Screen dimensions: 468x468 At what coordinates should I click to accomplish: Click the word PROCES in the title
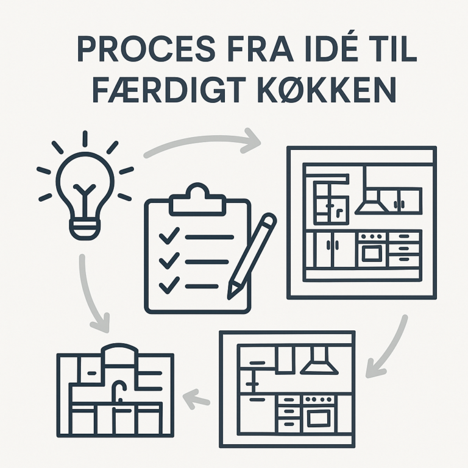click(x=146, y=49)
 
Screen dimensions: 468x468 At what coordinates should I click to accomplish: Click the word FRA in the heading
click(x=259, y=49)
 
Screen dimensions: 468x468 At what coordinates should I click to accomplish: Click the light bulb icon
click(x=85, y=185)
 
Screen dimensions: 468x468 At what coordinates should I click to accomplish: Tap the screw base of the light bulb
click(x=85, y=229)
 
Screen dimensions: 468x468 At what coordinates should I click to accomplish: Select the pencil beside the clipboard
click(x=252, y=256)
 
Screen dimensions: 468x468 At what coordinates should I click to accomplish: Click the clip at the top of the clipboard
click(x=197, y=200)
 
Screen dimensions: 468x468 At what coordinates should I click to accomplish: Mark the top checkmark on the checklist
click(x=169, y=235)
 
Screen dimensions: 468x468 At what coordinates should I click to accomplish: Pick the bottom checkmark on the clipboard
click(x=169, y=285)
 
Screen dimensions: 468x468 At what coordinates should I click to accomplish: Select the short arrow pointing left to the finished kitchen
click(x=196, y=399)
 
